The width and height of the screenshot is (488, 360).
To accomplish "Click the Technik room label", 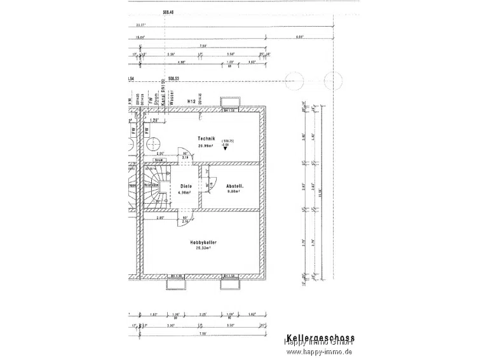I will (x=207, y=138).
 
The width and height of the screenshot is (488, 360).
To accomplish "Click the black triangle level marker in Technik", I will (x=225, y=149).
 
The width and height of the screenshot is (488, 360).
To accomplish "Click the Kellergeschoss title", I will (x=320, y=339).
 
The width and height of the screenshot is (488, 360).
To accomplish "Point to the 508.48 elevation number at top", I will (x=168, y=12).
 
